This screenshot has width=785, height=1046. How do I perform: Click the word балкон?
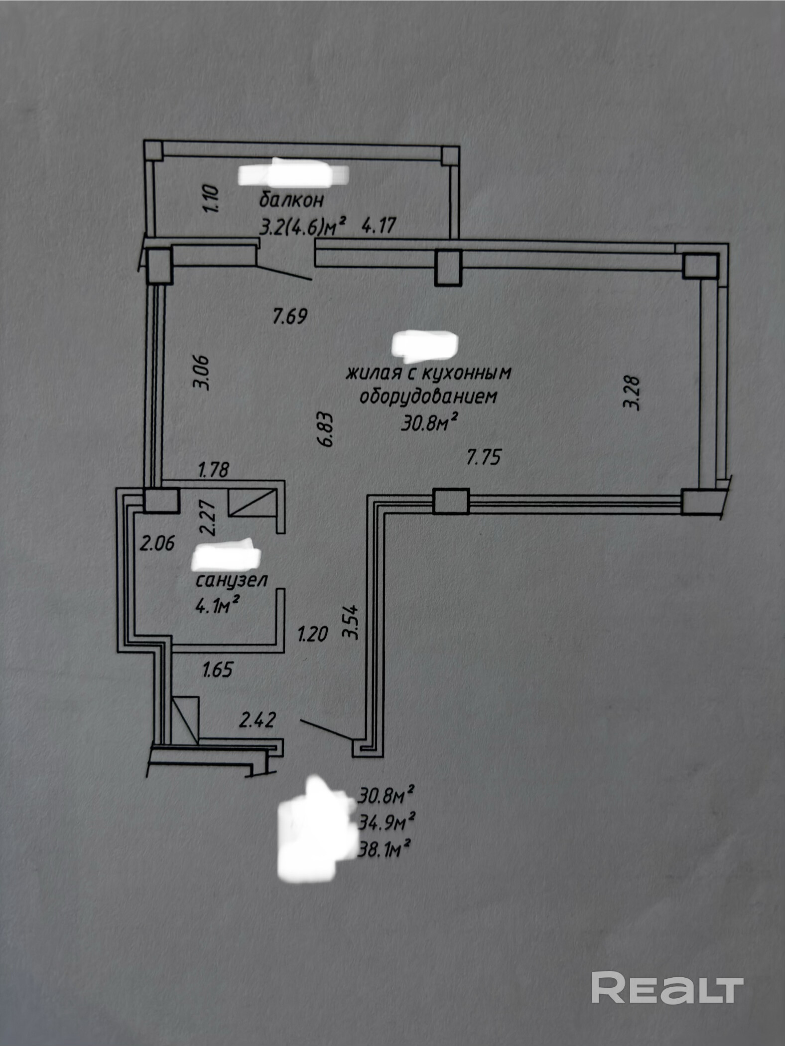pyautogui.click(x=291, y=200)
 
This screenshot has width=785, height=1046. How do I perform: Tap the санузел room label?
pyautogui.click(x=232, y=580)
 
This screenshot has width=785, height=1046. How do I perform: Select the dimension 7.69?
pyautogui.click(x=290, y=316)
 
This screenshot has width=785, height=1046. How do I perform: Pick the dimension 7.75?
pyautogui.click(x=483, y=457)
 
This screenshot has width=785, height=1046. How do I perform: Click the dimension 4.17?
pyautogui.click(x=379, y=226)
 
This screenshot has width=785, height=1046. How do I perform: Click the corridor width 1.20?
pyautogui.click(x=313, y=635)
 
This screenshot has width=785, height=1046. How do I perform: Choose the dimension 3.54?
pyautogui.click(x=350, y=622)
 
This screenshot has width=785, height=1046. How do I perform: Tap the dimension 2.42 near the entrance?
pyautogui.click(x=258, y=720)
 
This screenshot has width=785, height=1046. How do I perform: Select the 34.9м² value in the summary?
pyautogui.click(x=387, y=823)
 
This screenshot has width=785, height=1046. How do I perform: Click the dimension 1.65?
pyautogui.click(x=217, y=669)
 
